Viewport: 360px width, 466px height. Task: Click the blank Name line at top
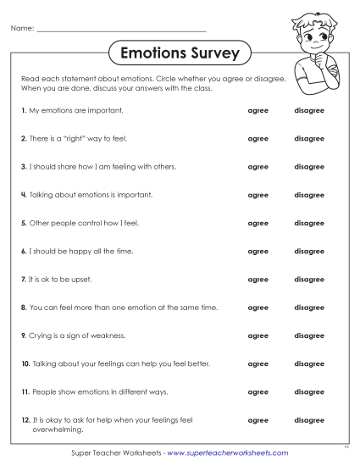(x=123, y=31)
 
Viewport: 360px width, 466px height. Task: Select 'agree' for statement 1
(x=258, y=110)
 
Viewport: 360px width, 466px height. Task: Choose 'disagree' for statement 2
(x=308, y=138)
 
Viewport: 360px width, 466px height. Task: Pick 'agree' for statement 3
(x=258, y=167)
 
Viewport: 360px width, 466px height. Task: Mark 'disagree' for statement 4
(x=308, y=195)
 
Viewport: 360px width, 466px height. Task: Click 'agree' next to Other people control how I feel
(x=258, y=223)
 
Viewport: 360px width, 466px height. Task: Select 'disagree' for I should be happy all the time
(x=308, y=252)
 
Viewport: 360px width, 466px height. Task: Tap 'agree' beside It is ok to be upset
(x=258, y=280)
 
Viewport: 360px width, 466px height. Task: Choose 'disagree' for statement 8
(x=308, y=308)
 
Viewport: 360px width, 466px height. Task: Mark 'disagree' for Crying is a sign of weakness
(x=308, y=336)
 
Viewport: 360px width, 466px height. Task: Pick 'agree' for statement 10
(x=258, y=364)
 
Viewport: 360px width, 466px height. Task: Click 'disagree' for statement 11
(x=308, y=392)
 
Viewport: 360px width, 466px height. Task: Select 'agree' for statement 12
(x=258, y=420)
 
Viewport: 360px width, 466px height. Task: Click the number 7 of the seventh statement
(x=23, y=280)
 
